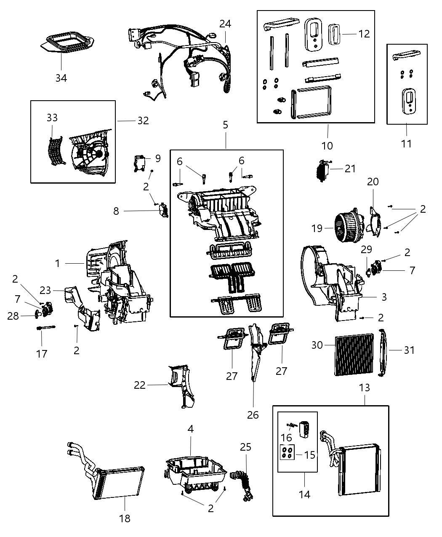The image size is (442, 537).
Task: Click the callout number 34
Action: pyautogui.click(x=61, y=78)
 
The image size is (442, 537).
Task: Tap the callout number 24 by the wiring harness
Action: pyautogui.click(x=225, y=24)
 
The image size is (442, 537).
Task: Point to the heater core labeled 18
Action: pyautogui.click(x=118, y=482)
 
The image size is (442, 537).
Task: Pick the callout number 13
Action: pyautogui.click(x=364, y=387)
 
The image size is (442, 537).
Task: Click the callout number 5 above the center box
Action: pyautogui.click(x=225, y=125)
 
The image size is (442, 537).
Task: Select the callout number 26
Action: pyautogui.click(x=253, y=414)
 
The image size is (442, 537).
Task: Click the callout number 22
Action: pyautogui.click(x=140, y=385)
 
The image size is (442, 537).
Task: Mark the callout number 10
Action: pyautogui.click(x=327, y=146)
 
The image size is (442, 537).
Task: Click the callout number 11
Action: pyautogui.click(x=406, y=144)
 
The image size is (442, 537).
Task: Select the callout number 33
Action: pyautogui.click(x=52, y=118)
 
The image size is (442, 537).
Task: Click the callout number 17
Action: pyautogui.click(x=42, y=353)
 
